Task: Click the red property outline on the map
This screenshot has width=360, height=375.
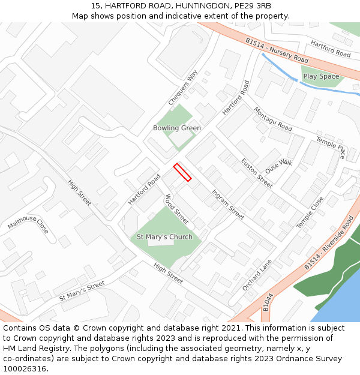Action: [x=182, y=172]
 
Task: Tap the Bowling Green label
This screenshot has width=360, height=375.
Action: [x=177, y=128]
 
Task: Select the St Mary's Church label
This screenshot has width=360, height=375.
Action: [x=165, y=237]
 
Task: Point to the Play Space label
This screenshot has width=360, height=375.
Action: [x=321, y=77]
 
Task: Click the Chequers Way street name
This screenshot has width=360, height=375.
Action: [x=183, y=88]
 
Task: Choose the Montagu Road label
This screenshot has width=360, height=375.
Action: [x=273, y=119]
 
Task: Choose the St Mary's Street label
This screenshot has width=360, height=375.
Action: [x=82, y=290]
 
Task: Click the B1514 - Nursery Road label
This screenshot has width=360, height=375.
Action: [x=277, y=51]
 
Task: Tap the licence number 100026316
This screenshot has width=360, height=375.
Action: [x=25, y=368]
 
